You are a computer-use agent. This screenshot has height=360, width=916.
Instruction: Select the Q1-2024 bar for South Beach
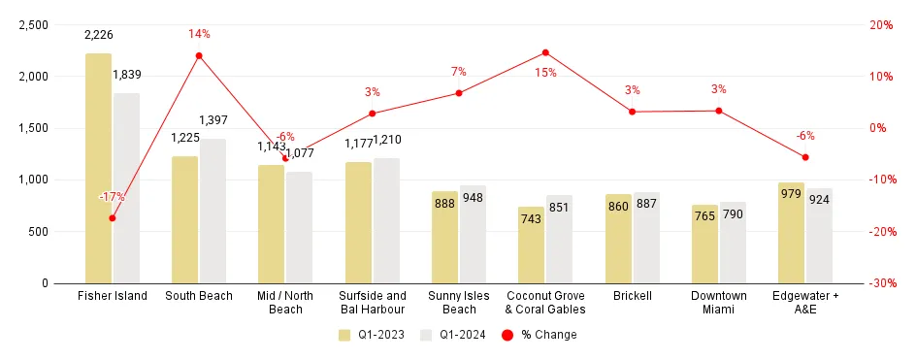[x=213, y=211]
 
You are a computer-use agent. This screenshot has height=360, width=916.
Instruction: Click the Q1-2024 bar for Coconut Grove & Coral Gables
[x=559, y=240]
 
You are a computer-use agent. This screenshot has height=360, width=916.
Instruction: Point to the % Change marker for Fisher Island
[x=113, y=217]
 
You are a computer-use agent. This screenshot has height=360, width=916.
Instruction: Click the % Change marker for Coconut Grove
[x=545, y=52]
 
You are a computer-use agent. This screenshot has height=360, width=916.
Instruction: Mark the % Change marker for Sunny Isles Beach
[x=459, y=93]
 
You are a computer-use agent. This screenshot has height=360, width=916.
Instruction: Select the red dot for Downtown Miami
[x=719, y=111]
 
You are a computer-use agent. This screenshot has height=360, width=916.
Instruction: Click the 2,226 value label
[x=99, y=35]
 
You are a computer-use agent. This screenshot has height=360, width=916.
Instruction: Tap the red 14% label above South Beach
[x=199, y=34]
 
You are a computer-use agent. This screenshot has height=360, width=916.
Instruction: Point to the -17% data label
[x=112, y=197]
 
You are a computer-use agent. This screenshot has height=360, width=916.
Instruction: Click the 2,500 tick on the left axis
[x=34, y=25]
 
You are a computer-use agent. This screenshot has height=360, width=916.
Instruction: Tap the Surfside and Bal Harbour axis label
[x=372, y=302]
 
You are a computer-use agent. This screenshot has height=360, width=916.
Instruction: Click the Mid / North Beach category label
[x=285, y=302]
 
